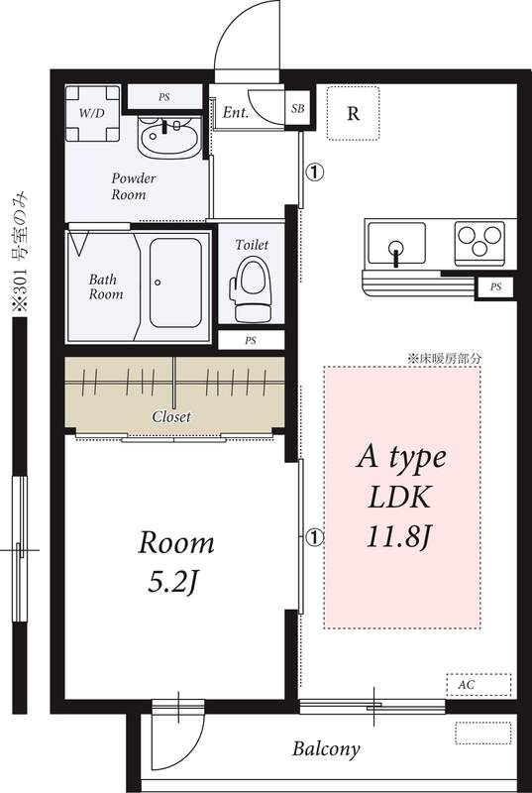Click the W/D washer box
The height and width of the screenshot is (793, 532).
[x=91, y=111]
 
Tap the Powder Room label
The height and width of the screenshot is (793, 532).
[x=134, y=185]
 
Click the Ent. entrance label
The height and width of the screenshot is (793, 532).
[x=236, y=113]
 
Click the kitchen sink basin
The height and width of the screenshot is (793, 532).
[x=396, y=243]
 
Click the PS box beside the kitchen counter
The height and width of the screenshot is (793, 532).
[x=494, y=288]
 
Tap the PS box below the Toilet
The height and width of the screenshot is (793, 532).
[x=251, y=340]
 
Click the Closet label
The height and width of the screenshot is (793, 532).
[x=170, y=416]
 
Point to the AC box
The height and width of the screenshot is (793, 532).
[x=479, y=684]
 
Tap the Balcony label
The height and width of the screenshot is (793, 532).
[x=325, y=748]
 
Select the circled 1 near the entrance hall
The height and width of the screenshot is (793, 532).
[x=313, y=172]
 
